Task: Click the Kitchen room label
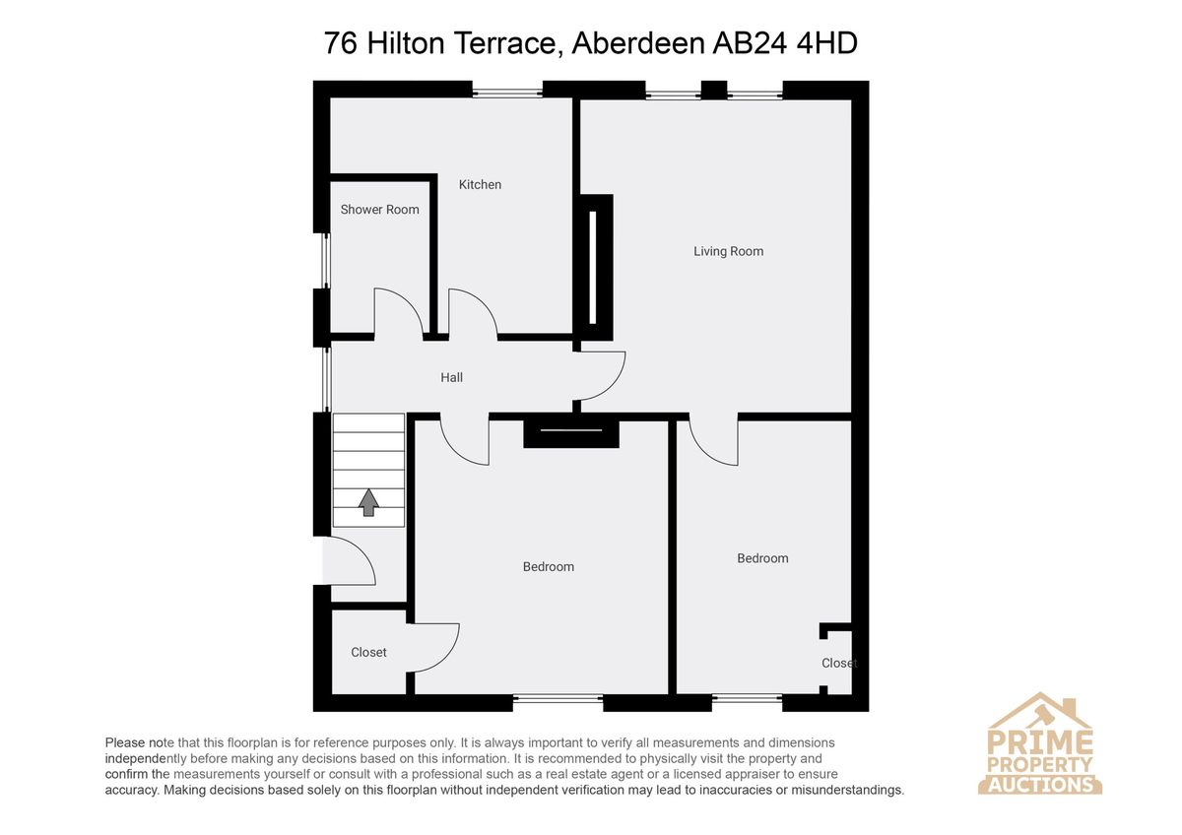pyautogui.click(x=480, y=184)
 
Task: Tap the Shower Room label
pyautogui.click(x=380, y=210)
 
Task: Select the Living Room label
pyautogui.click(x=728, y=251)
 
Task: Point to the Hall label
pyautogui.click(x=452, y=377)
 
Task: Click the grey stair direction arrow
pyautogui.click(x=368, y=502)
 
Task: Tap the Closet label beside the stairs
pyautogui.click(x=368, y=653)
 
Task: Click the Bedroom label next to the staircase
pyautogui.click(x=549, y=566)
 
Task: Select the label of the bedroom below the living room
pyautogui.click(x=762, y=558)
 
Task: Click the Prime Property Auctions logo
pyautogui.click(x=1039, y=743)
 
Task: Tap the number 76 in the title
pyautogui.click(x=341, y=42)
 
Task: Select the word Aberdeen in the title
pyautogui.click(x=638, y=42)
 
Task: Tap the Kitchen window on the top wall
pyautogui.click(x=506, y=93)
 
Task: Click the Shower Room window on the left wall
pyautogui.click(x=326, y=261)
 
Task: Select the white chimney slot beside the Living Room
pyautogui.click(x=593, y=267)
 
